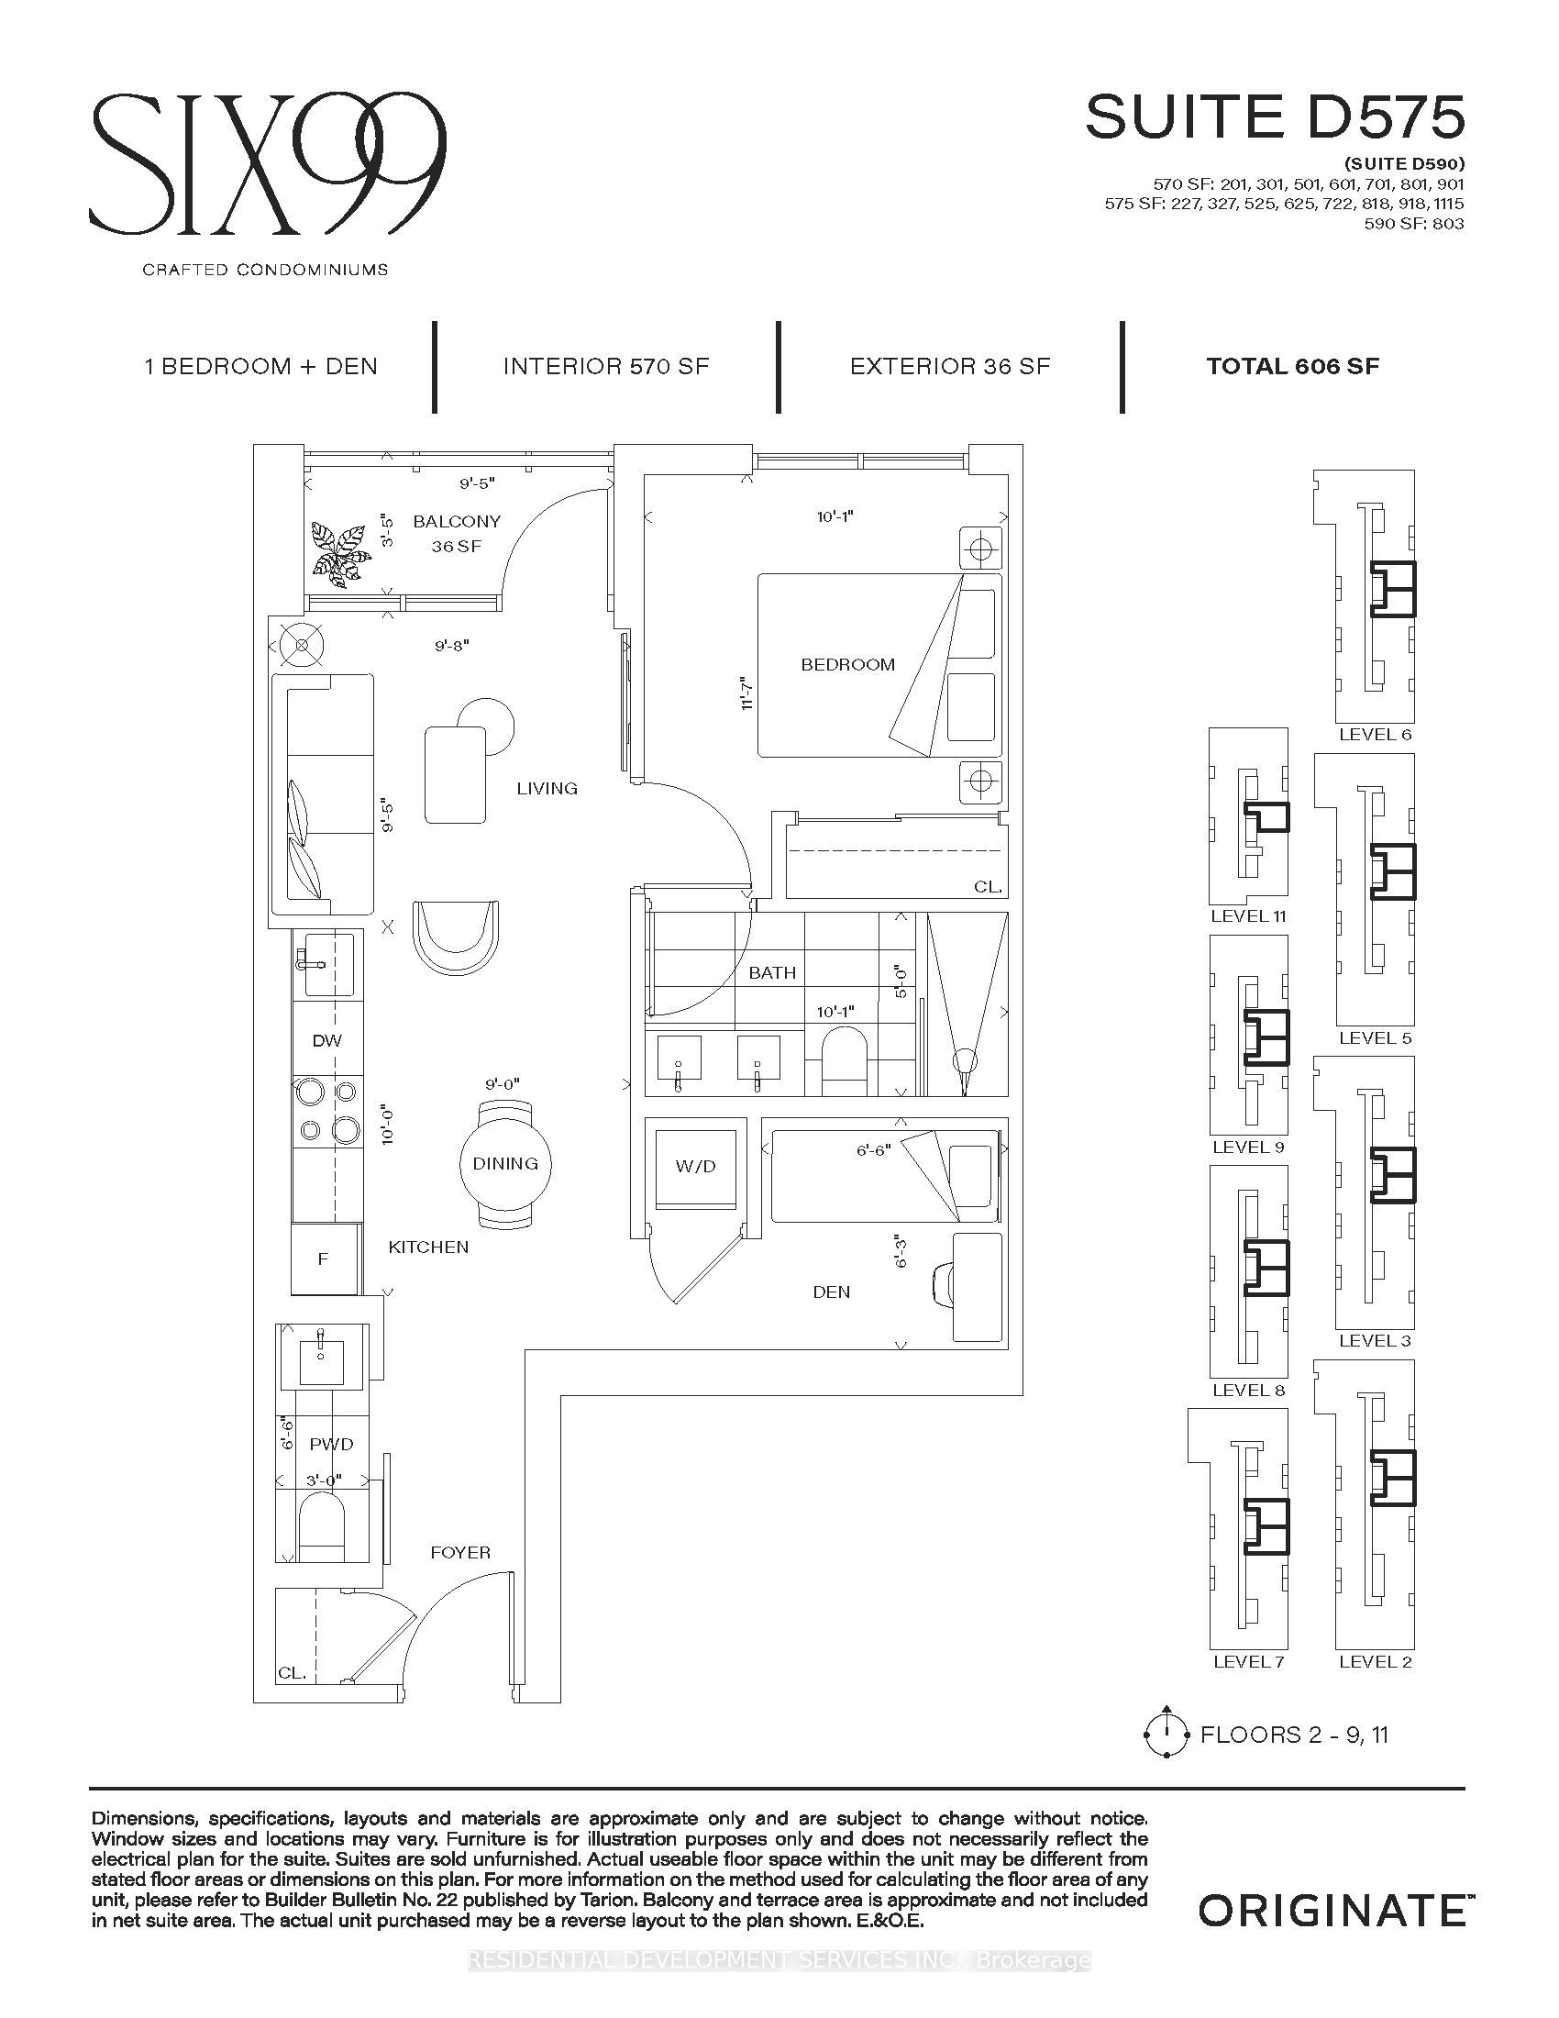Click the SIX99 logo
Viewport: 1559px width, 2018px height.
[x=268, y=163]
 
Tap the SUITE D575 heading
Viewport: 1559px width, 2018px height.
[x=1275, y=117]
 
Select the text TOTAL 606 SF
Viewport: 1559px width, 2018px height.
[x=1293, y=366]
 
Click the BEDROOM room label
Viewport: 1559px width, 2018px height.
[x=848, y=664]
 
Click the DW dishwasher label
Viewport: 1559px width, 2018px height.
[x=327, y=1040]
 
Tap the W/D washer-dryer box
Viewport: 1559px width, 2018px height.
[x=695, y=1165]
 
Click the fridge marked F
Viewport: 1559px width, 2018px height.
[x=324, y=1258]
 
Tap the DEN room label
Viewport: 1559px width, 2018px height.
[x=831, y=1292]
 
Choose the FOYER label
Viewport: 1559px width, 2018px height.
[x=460, y=1552]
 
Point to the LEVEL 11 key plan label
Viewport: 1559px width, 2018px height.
[x=1249, y=915]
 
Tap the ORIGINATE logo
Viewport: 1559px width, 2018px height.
[x=1332, y=1910]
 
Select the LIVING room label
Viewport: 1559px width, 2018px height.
[x=547, y=788]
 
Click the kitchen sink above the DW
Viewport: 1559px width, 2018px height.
[x=324, y=964]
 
